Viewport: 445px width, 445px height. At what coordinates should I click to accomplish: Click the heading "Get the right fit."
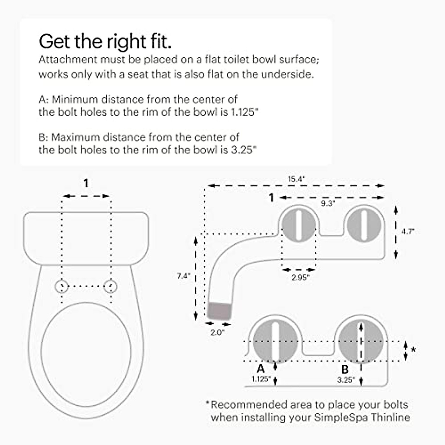(105, 42)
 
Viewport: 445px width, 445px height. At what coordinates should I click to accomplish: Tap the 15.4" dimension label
(296, 179)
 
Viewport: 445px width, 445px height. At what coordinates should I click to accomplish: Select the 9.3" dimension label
(328, 203)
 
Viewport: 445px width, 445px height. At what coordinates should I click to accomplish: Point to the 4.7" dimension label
(408, 231)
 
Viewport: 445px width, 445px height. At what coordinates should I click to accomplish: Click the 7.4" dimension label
(184, 276)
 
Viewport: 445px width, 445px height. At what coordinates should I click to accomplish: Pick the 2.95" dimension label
(300, 277)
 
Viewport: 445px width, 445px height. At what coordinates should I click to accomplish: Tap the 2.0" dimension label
(217, 333)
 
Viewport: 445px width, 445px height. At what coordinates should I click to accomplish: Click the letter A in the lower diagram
(261, 369)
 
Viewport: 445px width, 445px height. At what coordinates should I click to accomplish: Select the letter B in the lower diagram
(345, 369)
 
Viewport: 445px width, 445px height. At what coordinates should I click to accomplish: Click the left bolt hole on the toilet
(62, 286)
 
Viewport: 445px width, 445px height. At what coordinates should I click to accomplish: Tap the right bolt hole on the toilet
(111, 286)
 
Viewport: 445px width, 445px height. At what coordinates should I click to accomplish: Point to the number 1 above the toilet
(86, 183)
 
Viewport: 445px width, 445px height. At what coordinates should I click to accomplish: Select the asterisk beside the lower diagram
(414, 350)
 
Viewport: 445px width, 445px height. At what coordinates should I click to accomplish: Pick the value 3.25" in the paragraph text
(243, 150)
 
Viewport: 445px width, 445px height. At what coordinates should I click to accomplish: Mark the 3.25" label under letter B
(346, 380)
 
